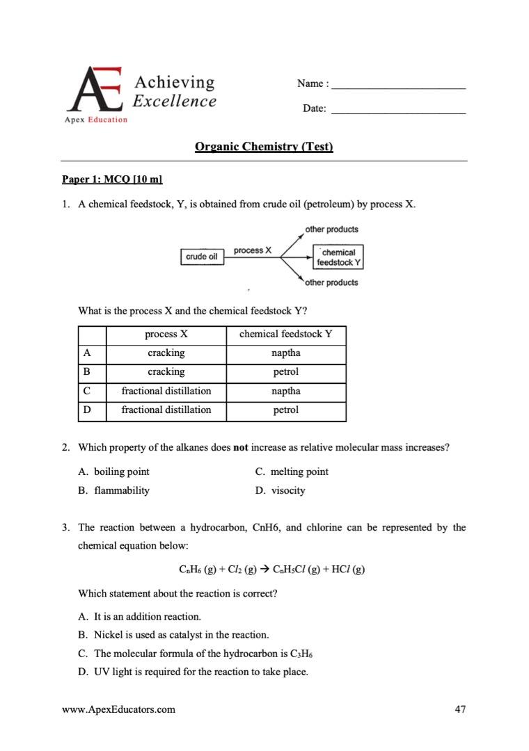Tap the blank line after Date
(398, 110)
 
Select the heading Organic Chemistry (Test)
(264, 147)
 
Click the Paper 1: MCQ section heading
(112, 179)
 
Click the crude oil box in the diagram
(201, 257)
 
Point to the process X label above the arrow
(253, 250)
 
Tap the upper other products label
(332, 229)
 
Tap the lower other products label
(332, 283)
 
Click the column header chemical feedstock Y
(285, 334)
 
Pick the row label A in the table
(86, 353)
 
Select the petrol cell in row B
(285, 372)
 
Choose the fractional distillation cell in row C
(166, 391)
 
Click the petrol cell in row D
(285, 410)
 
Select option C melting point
(292, 471)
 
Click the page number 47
(459, 710)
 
